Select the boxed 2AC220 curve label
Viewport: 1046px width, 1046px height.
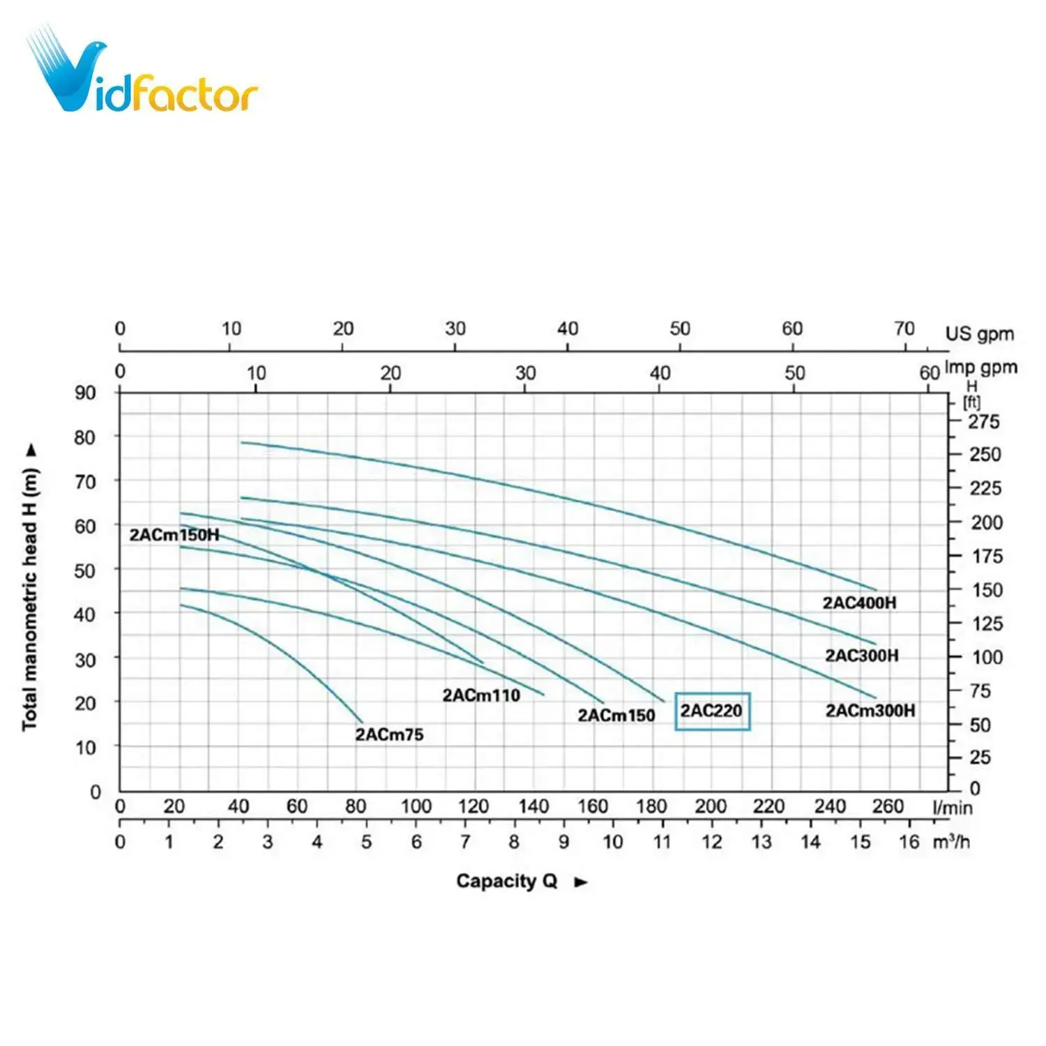[x=712, y=711]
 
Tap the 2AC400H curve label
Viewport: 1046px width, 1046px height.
[x=859, y=602]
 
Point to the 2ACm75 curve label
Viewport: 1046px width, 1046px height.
[x=389, y=734]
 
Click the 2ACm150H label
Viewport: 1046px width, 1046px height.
[x=174, y=535]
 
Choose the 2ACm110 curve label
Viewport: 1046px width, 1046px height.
[x=481, y=695]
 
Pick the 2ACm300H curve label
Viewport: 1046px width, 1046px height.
[x=870, y=711]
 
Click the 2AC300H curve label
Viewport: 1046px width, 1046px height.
[x=862, y=655]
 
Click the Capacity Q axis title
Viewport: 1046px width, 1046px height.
[x=507, y=881]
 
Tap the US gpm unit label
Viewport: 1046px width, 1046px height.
[x=979, y=334]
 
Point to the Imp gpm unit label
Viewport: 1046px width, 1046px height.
[x=980, y=367]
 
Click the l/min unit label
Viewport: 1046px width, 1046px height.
[x=952, y=808]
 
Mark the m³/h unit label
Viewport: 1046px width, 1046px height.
[x=951, y=842]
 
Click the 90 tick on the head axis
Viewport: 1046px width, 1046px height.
[x=85, y=393]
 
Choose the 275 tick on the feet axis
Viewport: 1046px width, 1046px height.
[x=983, y=421]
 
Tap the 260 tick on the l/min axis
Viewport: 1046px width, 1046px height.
[x=888, y=807]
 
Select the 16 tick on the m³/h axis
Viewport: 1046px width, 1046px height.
[x=909, y=842]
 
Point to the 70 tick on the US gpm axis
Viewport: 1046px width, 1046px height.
[x=904, y=328]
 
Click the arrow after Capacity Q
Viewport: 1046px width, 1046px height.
[x=581, y=882]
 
